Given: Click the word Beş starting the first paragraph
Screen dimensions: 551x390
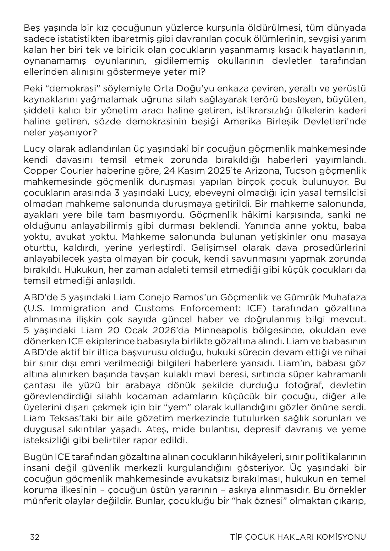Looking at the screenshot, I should pyautogui.click(x=31, y=28).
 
